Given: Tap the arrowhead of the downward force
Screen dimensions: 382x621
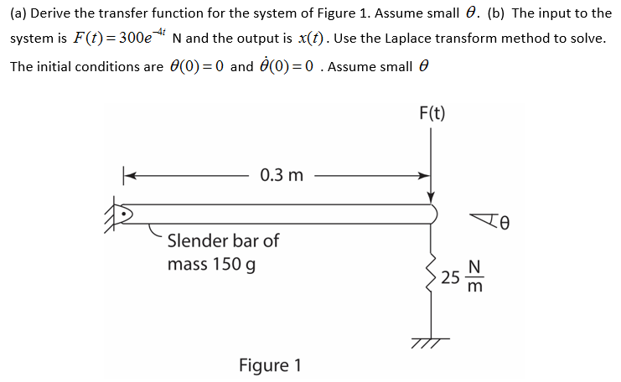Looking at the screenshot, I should [431, 195].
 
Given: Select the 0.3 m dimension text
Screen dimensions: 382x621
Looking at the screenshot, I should [282, 175].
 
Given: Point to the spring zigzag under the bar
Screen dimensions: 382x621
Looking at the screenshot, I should [431, 272].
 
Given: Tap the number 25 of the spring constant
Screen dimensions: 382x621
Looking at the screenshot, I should [450, 279].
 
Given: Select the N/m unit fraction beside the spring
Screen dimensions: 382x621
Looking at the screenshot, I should [474, 279].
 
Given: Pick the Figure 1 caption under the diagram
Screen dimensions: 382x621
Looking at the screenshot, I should [269, 366].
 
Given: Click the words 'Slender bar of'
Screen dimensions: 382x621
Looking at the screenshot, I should [223, 241].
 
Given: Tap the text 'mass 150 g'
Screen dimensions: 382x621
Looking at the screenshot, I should [211, 265].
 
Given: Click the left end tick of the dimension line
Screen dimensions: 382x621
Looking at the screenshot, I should [127, 175].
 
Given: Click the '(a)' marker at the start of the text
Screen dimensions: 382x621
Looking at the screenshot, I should [18, 14].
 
